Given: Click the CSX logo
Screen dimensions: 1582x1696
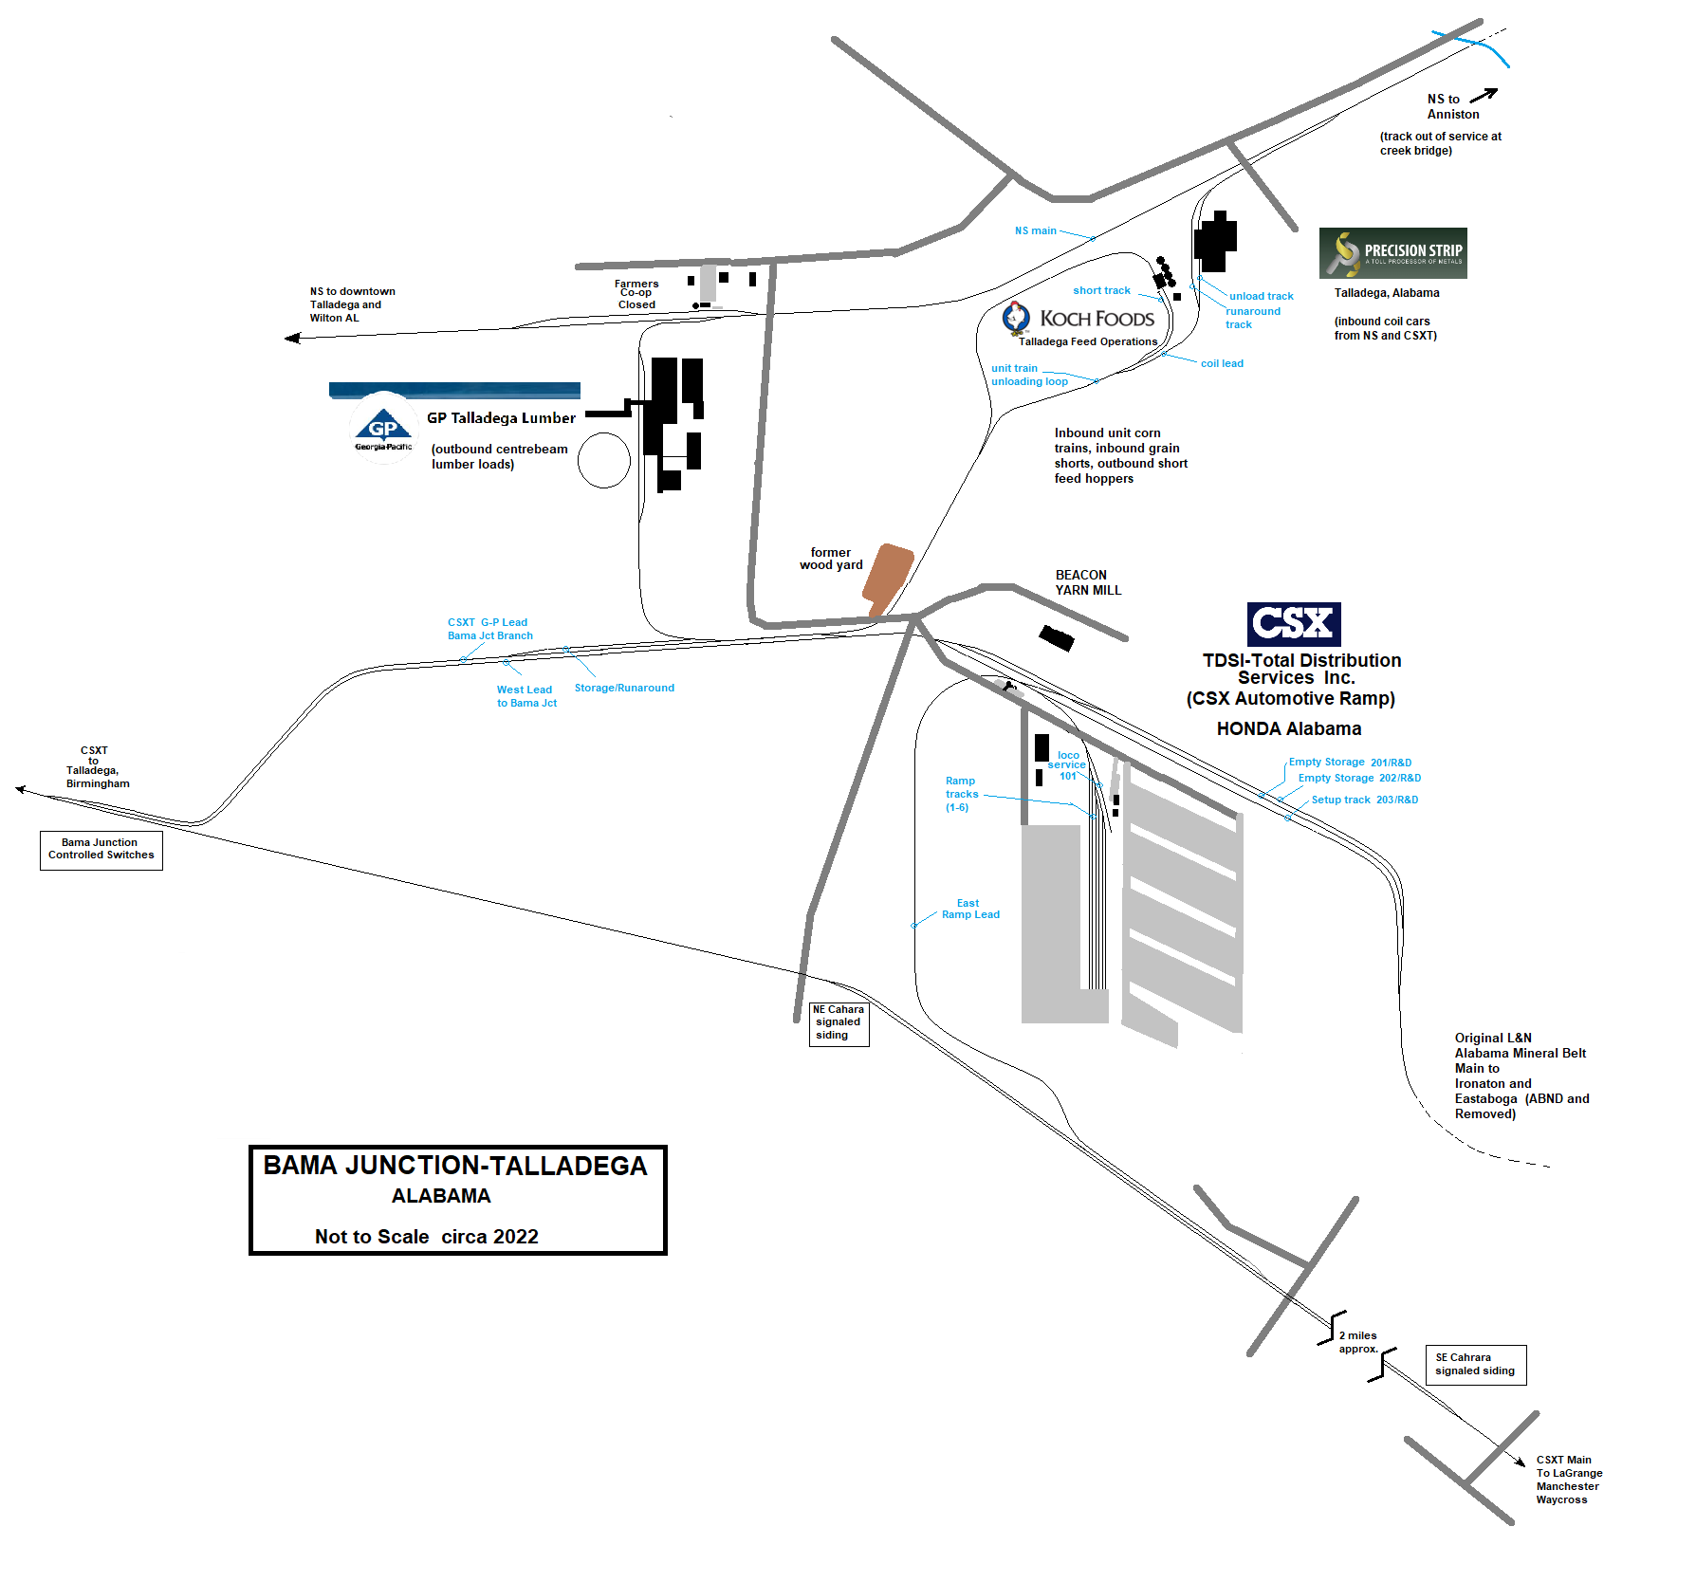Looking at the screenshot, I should pos(1293,623).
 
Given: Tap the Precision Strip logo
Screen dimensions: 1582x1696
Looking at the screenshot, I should pos(1392,252).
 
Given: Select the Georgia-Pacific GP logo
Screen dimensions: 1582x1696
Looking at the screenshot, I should pos(383,429).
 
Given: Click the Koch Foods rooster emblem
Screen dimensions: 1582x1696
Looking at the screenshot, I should pos(1016,318).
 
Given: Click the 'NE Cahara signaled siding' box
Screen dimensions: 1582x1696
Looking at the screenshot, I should pos(839,1022).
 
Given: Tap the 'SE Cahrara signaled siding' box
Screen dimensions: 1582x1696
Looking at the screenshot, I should pos(1475,1364).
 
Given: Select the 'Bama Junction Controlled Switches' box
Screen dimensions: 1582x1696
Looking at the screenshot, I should pos(101,849).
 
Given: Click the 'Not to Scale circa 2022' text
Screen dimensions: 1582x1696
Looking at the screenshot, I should pos(426,1236).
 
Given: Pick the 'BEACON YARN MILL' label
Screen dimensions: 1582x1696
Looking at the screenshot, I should pos(1087,582).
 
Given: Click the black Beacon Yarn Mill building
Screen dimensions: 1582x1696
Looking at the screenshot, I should pos(1056,637).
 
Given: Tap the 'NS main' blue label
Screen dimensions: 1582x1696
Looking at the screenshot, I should pos(1035,230).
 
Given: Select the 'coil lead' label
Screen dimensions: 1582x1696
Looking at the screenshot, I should pos(1222,363).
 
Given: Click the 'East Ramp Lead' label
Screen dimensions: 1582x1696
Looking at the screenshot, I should pos(969,909).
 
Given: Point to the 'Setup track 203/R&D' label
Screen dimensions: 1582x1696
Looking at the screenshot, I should pos(1364,800).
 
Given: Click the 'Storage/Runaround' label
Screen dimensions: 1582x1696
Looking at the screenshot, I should pos(624,688).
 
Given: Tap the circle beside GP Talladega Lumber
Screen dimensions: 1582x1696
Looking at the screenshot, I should pos(604,460).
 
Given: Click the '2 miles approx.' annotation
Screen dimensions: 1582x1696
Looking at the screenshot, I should pos(1357,1341).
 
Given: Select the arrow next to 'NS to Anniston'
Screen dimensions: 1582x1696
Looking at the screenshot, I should pos(1484,95).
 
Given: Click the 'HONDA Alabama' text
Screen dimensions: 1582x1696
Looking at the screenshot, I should pos(1288,728).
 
